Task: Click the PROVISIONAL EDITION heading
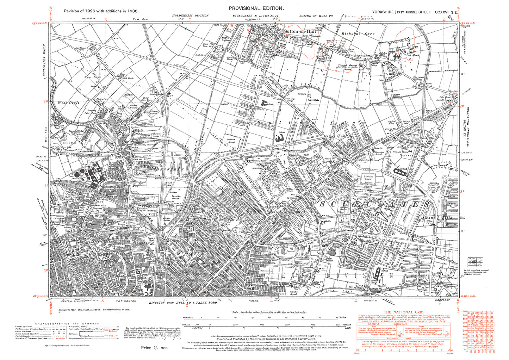[x=256, y=8]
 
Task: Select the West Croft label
[x=69, y=103]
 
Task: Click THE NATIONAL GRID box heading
[x=397, y=312]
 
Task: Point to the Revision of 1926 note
[x=101, y=11]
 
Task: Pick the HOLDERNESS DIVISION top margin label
[x=190, y=16]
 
